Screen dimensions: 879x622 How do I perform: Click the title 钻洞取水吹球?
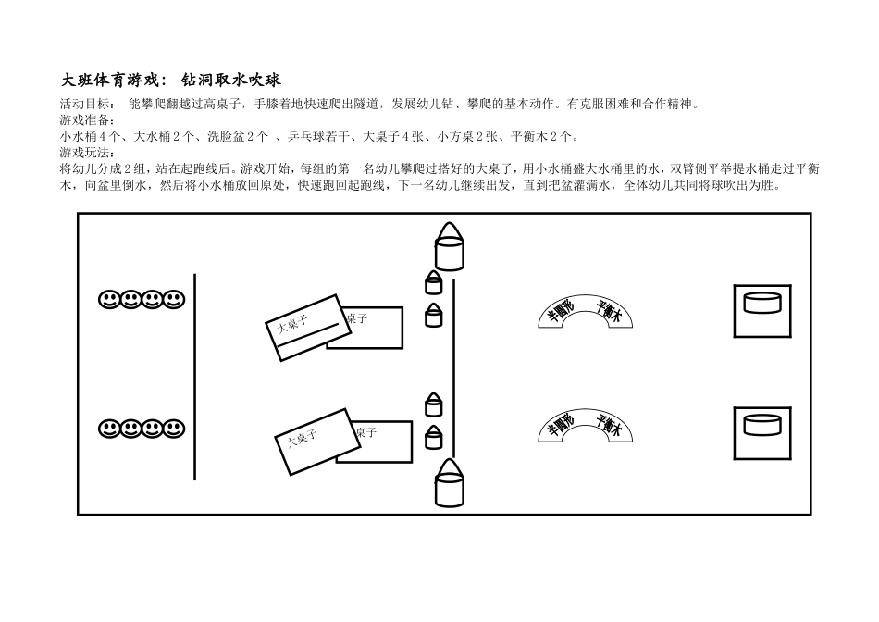[230, 81]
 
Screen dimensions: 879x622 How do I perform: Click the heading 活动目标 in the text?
[85, 104]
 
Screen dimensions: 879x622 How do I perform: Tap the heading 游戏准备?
[85, 120]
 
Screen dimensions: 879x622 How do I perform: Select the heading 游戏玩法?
[85, 152]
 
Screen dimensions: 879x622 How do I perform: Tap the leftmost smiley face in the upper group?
[109, 300]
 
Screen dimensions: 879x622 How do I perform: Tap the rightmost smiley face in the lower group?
[174, 429]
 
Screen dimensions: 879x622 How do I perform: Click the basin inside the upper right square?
[762, 304]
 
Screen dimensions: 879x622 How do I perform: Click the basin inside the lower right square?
[762, 425]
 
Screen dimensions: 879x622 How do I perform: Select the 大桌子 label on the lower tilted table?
[302, 438]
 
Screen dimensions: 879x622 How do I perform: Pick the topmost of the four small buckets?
[433, 282]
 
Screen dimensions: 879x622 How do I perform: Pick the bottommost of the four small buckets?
[433, 437]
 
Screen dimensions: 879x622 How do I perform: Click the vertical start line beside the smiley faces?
[194, 377]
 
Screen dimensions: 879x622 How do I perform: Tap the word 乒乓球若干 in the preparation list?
[319, 136]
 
